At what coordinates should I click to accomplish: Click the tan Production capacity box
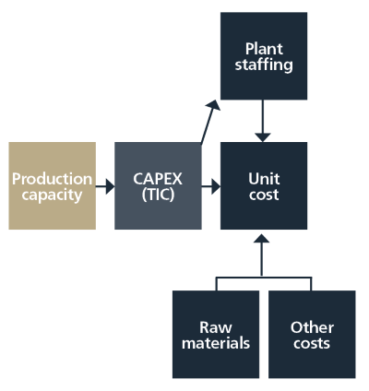pyautogui.click(x=53, y=185)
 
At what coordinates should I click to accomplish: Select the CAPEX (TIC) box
pyautogui.click(x=158, y=185)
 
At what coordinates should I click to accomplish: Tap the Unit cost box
pyautogui.click(x=264, y=185)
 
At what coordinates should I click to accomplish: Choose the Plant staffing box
pyautogui.click(x=264, y=56)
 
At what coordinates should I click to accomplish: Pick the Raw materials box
pyautogui.click(x=216, y=335)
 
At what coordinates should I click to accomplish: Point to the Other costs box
pyautogui.click(x=312, y=335)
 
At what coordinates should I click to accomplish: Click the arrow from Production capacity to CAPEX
pyautogui.click(x=105, y=186)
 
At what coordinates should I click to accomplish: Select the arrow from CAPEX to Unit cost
pyautogui.click(x=211, y=186)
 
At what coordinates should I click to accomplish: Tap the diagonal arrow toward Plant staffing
pyautogui.click(x=210, y=122)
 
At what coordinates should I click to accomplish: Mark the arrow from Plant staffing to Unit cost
pyautogui.click(x=263, y=121)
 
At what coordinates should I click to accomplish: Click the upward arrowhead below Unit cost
pyautogui.click(x=262, y=238)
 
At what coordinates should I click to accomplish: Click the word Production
pyautogui.click(x=53, y=179)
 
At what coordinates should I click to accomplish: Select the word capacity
pyautogui.click(x=52, y=195)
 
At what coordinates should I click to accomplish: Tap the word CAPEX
pyautogui.click(x=158, y=179)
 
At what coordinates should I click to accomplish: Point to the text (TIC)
pyautogui.click(x=158, y=195)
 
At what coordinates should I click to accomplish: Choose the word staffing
pyautogui.click(x=264, y=65)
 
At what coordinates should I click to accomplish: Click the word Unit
pyautogui.click(x=264, y=179)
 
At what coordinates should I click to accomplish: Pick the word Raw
pyautogui.click(x=216, y=327)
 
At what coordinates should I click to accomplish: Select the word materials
pyautogui.click(x=216, y=343)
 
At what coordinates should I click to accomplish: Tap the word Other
pyautogui.click(x=312, y=327)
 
